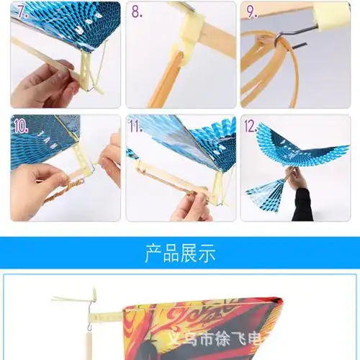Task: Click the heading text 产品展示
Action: (180, 254)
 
